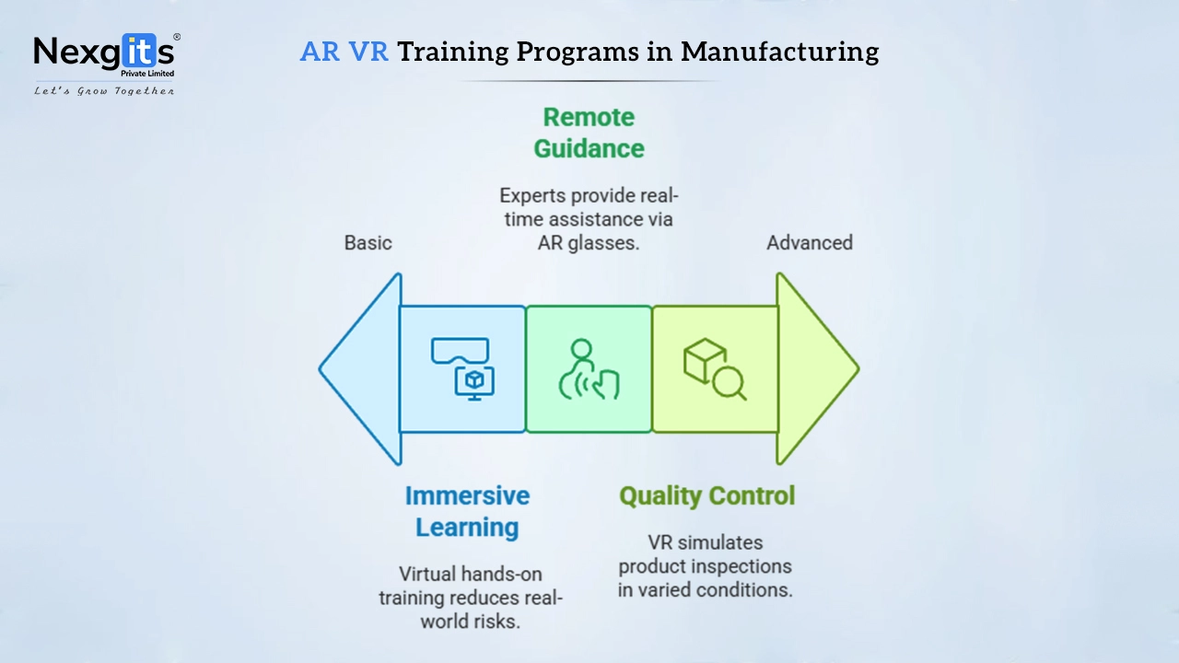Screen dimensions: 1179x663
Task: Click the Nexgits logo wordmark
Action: click(x=104, y=52)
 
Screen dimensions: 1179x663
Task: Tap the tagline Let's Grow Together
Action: click(x=104, y=91)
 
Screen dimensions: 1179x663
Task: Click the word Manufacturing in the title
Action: click(x=779, y=52)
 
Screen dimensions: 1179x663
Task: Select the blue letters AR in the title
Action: click(x=320, y=52)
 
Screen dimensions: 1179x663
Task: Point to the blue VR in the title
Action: click(x=368, y=52)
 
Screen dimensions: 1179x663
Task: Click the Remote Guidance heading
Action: click(x=589, y=133)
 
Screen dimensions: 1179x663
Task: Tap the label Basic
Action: click(x=368, y=242)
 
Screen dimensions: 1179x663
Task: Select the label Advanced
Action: click(x=810, y=242)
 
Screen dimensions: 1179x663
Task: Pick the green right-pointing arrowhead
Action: click(x=817, y=369)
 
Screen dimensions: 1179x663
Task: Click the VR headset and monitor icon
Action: click(x=462, y=368)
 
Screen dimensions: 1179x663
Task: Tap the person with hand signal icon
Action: click(x=589, y=369)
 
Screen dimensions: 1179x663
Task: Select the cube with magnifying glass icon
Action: click(x=715, y=369)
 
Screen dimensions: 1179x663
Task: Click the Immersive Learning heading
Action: click(x=467, y=511)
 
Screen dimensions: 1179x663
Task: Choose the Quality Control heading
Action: click(x=706, y=495)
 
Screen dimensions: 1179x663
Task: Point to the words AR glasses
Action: click(x=589, y=242)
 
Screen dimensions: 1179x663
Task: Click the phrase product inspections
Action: click(x=705, y=566)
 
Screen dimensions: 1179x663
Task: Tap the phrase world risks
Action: click(x=470, y=622)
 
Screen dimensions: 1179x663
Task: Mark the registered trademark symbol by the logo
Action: click(x=177, y=37)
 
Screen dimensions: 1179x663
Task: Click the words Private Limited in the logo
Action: click(x=147, y=73)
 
